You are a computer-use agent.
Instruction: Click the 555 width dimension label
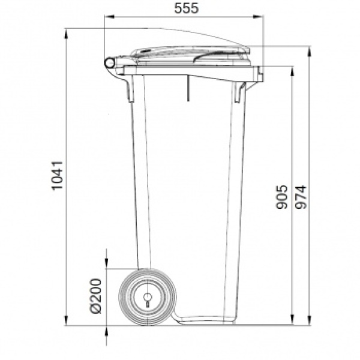[x=186, y=8]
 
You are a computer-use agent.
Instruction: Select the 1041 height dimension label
[x=57, y=176]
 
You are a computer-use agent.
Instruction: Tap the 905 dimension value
[x=282, y=197]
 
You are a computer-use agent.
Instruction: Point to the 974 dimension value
[x=301, y=197]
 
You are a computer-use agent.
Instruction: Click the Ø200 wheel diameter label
[x=95, y=296]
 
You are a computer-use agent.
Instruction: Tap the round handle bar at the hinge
[x=110, y=62]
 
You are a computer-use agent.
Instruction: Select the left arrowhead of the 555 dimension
[x=109, y=17]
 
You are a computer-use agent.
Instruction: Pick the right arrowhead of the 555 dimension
[x=258, y=17]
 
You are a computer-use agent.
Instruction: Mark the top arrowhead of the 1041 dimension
[x=66, y=34]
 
